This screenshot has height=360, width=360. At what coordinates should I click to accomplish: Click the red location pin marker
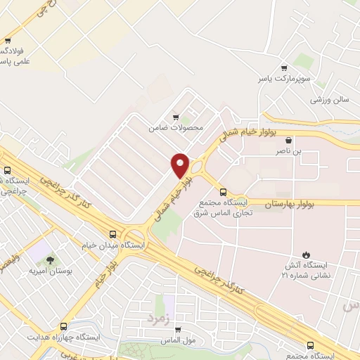(x=181, y=165)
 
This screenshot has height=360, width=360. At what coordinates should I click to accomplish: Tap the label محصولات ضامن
(x=176, y=128)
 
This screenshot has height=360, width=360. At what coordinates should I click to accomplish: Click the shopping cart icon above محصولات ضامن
(x=176, y=117)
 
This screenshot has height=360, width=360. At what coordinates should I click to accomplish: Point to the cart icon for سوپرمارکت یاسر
(x=284, y=68)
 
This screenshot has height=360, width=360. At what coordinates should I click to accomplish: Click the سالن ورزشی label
(x=330, y=99)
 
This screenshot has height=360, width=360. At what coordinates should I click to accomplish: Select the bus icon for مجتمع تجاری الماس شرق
(x=224, y=191)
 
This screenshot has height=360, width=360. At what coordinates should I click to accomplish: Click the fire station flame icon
(x=305, y=255)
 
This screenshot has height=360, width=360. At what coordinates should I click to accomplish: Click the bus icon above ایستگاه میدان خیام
(x=113, y=233)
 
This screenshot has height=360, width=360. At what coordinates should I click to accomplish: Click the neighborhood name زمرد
(x=158, y=319)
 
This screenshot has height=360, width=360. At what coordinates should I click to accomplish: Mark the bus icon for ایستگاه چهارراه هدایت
(x=64, y=326)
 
